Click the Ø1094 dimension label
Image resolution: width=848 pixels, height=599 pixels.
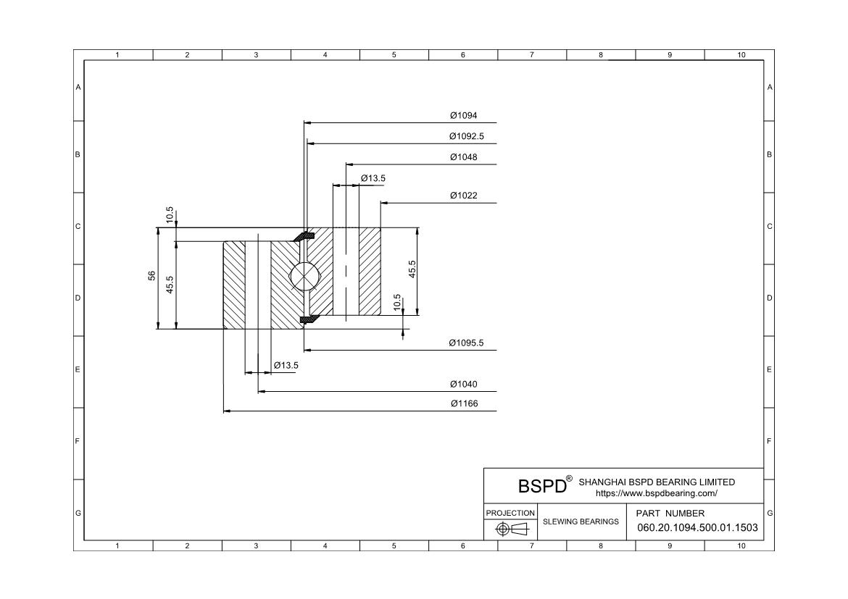tap(463, 115)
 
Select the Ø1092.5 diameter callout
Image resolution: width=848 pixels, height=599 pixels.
tap(466, 136)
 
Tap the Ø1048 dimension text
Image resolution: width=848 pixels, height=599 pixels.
tap(463, 156)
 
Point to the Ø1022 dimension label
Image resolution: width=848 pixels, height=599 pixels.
tap(463, 195)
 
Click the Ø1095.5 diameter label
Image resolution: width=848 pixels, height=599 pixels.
tap(466, 343)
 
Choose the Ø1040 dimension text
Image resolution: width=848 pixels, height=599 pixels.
tap(463, 384)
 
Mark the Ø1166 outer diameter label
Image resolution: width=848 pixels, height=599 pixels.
tap(464, 403)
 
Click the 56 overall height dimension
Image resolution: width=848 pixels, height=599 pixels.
tap(152, 276)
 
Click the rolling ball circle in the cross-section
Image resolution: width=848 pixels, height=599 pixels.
tap(304, 276)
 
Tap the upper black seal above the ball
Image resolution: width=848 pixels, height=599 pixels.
tap(304, 236)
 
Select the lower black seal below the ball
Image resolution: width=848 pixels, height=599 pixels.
tap(308, 319)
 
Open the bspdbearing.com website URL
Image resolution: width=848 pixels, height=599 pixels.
tap(657, 493)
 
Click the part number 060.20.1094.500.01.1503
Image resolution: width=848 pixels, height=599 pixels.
tap(698, 527)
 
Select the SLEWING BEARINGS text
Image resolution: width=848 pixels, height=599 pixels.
tap(581, 521)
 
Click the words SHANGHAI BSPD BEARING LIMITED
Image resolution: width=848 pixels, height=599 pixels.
tap(657, 482)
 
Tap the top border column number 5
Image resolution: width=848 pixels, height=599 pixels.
tap(394, 54)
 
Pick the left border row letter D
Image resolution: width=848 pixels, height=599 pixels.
tap(78, 298)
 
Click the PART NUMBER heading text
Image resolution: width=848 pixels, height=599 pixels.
tap(670, 513)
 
